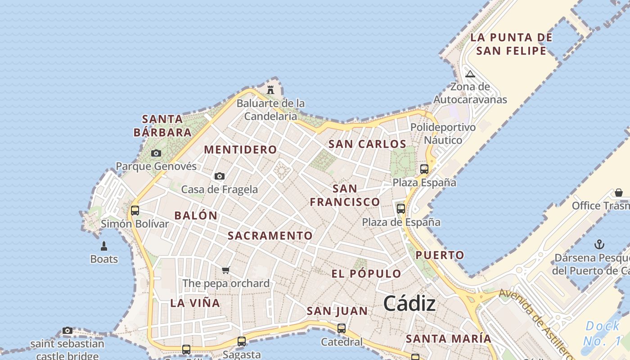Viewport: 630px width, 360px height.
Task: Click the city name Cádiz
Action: [409, 304]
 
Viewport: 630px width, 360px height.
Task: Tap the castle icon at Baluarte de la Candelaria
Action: [270, 90]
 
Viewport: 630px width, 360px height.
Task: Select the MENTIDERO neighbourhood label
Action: [240, 150]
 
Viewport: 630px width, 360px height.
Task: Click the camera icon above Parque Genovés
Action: [156, 153]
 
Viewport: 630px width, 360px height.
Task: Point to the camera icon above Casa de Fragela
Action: [220, 176]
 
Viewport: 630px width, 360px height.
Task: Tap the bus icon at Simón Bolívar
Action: [135, 210]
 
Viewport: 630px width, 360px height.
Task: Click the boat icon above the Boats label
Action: [104, 246]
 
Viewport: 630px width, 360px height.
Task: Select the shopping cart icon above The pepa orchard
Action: [225, 270]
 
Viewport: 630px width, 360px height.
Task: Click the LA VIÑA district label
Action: [195, 303]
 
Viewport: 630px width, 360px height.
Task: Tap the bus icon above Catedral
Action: [342, 328]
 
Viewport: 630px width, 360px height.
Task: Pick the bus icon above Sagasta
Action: [242, 341]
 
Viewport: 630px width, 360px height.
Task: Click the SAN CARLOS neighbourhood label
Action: [367, 144]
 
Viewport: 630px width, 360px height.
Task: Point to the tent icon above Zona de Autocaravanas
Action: [470, 74]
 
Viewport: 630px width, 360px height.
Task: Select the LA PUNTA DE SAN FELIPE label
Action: [511, 44]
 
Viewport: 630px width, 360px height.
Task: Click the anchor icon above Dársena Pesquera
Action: [599, 244]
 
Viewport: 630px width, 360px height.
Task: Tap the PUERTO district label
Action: [440, 256]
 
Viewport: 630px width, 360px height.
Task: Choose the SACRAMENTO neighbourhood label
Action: [270, 236]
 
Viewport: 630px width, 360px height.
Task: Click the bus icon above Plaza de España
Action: [401, 208]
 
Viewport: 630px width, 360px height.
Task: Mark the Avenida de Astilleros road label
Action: [535, 323]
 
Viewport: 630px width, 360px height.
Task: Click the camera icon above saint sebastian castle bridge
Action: [67, 331]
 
